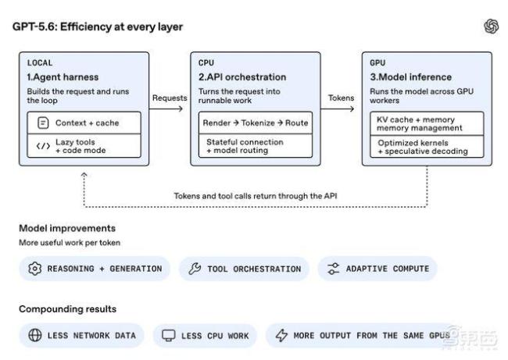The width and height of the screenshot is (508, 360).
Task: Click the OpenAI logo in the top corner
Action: [491, 27]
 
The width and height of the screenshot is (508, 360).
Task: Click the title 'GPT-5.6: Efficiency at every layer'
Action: [98, 27]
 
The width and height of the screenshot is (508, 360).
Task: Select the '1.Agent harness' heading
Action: [63, 77]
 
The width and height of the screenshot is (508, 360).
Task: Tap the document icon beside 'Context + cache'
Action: [43, 123]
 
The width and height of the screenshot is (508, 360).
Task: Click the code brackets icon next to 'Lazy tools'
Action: [43, 146]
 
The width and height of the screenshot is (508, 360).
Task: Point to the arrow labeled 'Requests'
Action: [166, 109]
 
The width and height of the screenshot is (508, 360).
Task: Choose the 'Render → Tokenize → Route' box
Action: [256, 123]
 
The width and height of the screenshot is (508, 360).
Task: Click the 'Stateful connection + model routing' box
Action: [256, 146]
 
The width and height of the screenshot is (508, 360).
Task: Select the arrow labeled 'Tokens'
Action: [338, 109]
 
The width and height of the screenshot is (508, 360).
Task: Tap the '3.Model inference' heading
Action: [411, 77]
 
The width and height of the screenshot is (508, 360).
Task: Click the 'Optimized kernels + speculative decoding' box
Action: [427, 147]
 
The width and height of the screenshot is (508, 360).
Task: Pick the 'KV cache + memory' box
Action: [427, 123]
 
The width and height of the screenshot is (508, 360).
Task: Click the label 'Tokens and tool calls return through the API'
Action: [256, 196]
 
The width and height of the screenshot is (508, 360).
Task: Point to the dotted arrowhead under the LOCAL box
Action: [84, 175]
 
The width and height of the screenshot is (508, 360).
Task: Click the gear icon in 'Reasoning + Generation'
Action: [34, 269]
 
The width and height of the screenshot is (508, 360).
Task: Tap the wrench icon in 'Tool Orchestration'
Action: [195, 269]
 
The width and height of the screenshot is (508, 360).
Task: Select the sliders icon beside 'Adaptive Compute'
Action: [333, 269]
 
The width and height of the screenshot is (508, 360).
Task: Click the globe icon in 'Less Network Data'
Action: [35, 335]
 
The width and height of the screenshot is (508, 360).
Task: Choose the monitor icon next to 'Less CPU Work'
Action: [169, 336]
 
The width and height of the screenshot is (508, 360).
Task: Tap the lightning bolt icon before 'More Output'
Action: [281, 335]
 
